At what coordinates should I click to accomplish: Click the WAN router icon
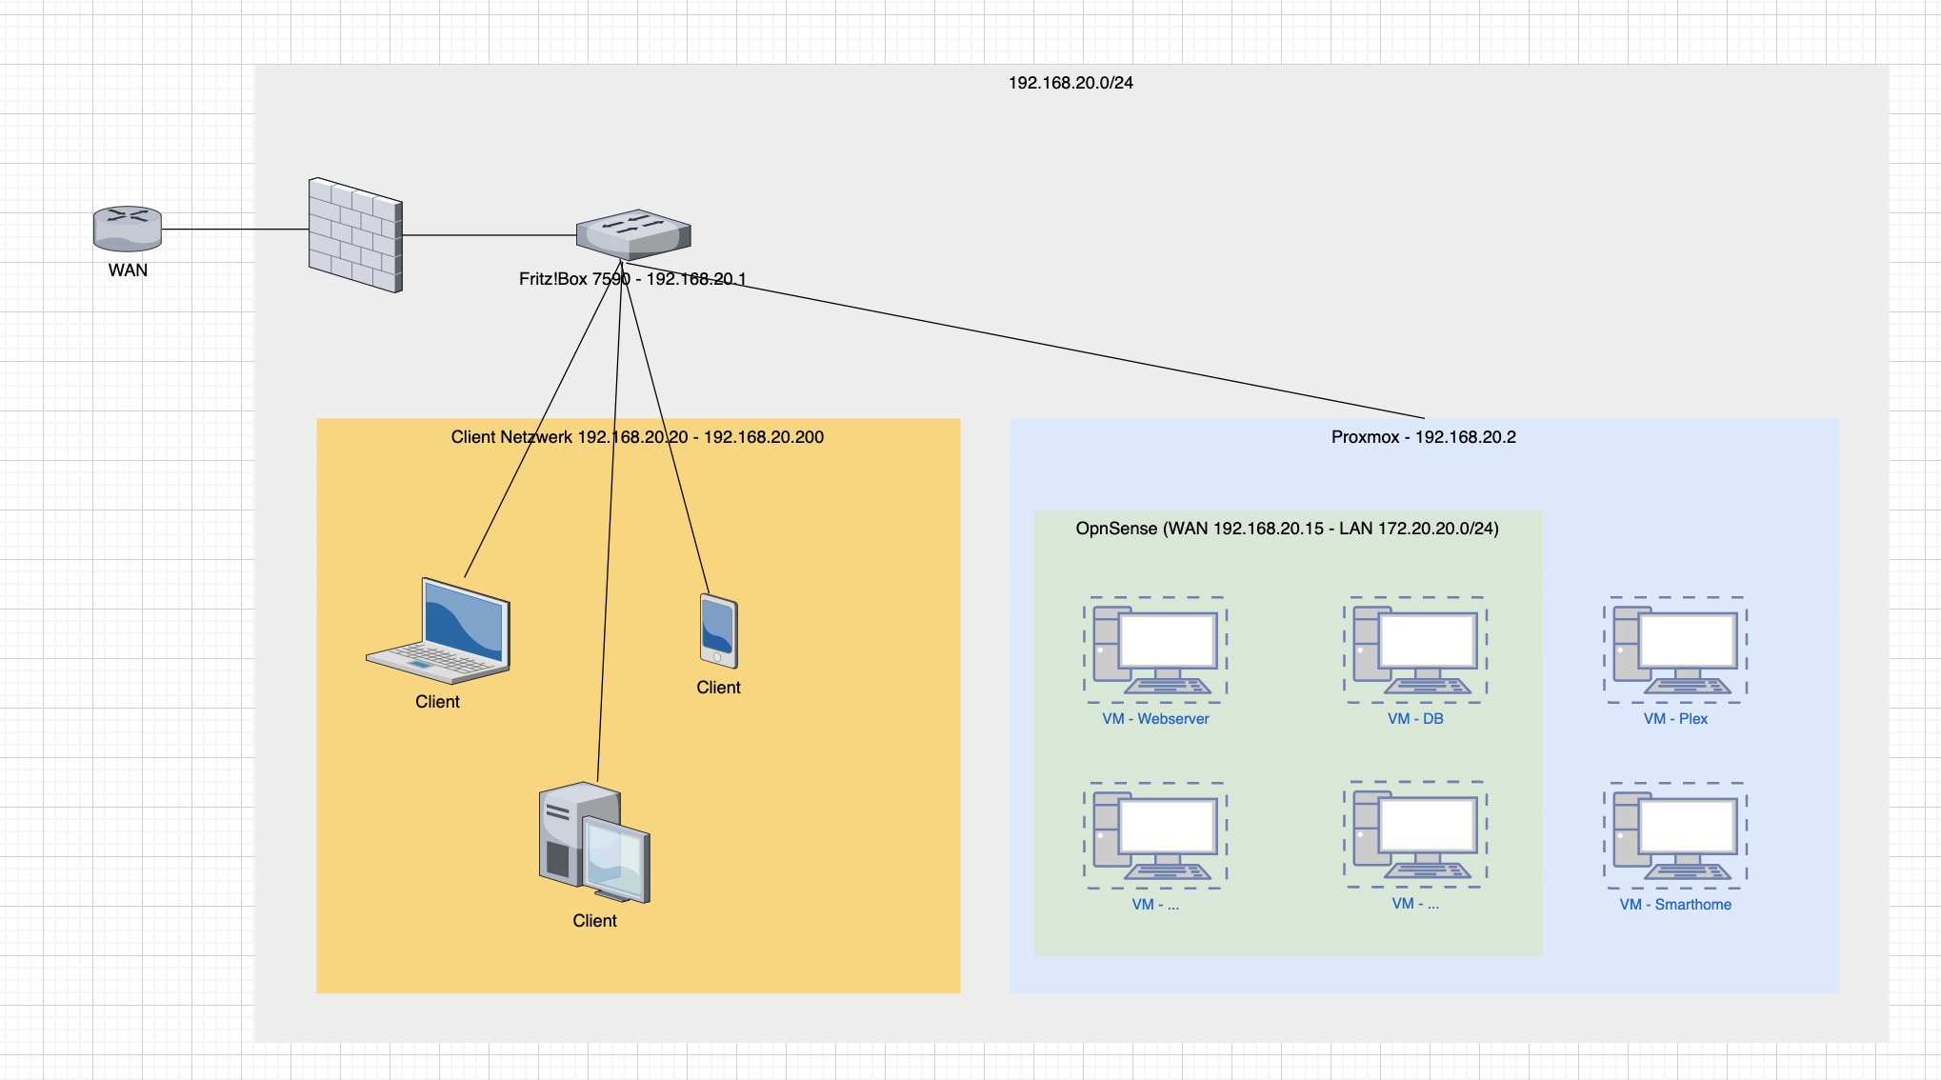(x=128, y=229)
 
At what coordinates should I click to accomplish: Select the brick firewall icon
(x=355, y=235)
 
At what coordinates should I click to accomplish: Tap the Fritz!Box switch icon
(x=633, y=234)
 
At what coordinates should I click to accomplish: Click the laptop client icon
(x=439, y=630)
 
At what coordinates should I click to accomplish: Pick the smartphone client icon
(x=718, y=630)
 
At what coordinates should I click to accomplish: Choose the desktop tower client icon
(x=594, y=842)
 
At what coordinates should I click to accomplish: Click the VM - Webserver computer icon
(x=1155, y=650)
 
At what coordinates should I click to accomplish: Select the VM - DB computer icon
(x=1415, y=650)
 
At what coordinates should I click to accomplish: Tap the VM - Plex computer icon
(x=1675, y=650)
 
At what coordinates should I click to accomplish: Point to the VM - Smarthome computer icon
(x=1675, y=836)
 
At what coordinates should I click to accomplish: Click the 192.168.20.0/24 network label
(x=1071, y=83)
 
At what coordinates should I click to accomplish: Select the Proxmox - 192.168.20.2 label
(x=1423, y=437)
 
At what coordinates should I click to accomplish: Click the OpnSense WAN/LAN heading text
(x=1287, y=529)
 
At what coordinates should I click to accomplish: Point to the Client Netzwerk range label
(x=637, y=437)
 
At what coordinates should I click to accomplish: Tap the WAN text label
(x=128, y=270)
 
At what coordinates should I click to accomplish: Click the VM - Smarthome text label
(x=1675, y=905)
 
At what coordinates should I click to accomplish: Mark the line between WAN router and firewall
(x=234, y=230)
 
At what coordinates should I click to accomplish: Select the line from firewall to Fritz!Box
(x=489, y=235)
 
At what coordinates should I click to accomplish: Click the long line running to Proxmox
(x=1048, y=344)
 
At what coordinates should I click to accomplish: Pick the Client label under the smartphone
(x=718, y=688)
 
